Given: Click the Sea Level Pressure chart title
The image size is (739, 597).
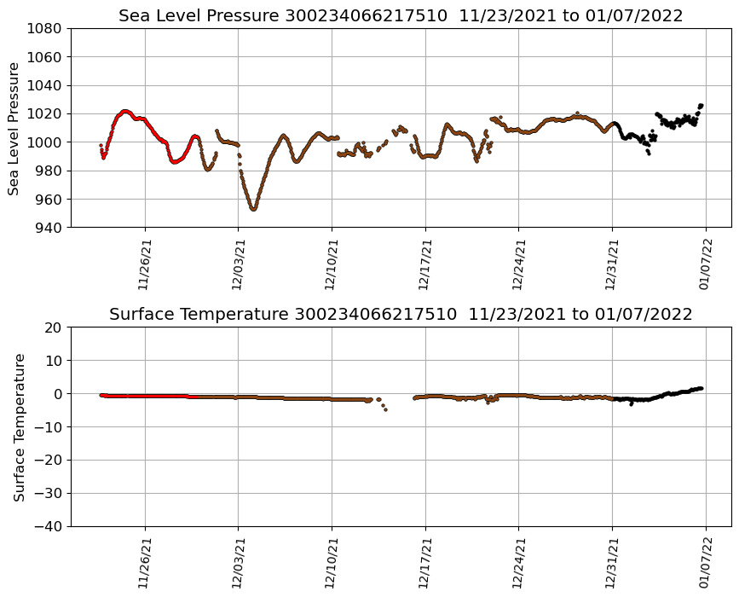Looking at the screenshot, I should tap(401, 15).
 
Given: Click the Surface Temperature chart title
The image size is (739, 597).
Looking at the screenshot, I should tap(401, 315).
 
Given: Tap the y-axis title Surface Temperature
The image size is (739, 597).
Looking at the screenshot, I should tap(18, 426).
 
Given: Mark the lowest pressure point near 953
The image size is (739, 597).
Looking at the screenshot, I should tap(253, 209).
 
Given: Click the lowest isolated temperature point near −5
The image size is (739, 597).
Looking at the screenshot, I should tap(385, 409).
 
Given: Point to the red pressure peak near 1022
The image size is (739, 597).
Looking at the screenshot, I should tap(125, 111).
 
